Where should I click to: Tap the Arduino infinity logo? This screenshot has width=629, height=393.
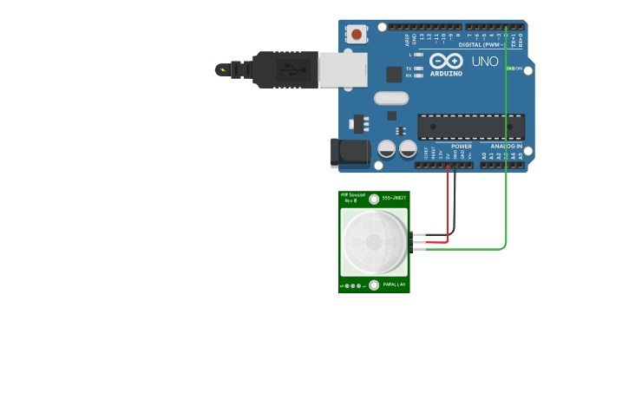point(446,62)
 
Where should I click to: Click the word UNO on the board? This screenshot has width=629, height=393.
point(485,62)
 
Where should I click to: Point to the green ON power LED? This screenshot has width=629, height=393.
point(510,69)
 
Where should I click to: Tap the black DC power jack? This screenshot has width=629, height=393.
point(350,153)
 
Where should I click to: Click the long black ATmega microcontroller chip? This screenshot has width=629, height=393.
point(470,127)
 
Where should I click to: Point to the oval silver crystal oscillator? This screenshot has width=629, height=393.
point(390,98)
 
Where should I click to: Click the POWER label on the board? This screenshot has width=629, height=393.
point(462,147)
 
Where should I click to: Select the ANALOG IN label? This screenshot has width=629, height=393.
point(507,147)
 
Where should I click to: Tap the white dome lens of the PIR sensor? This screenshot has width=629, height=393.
point(373,242)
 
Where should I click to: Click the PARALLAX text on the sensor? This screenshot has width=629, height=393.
point(395,285)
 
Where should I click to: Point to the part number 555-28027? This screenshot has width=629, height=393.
point(394,199)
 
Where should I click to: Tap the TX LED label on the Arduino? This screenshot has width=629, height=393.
point(409,68)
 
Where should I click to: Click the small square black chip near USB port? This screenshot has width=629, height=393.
point(393,75)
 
